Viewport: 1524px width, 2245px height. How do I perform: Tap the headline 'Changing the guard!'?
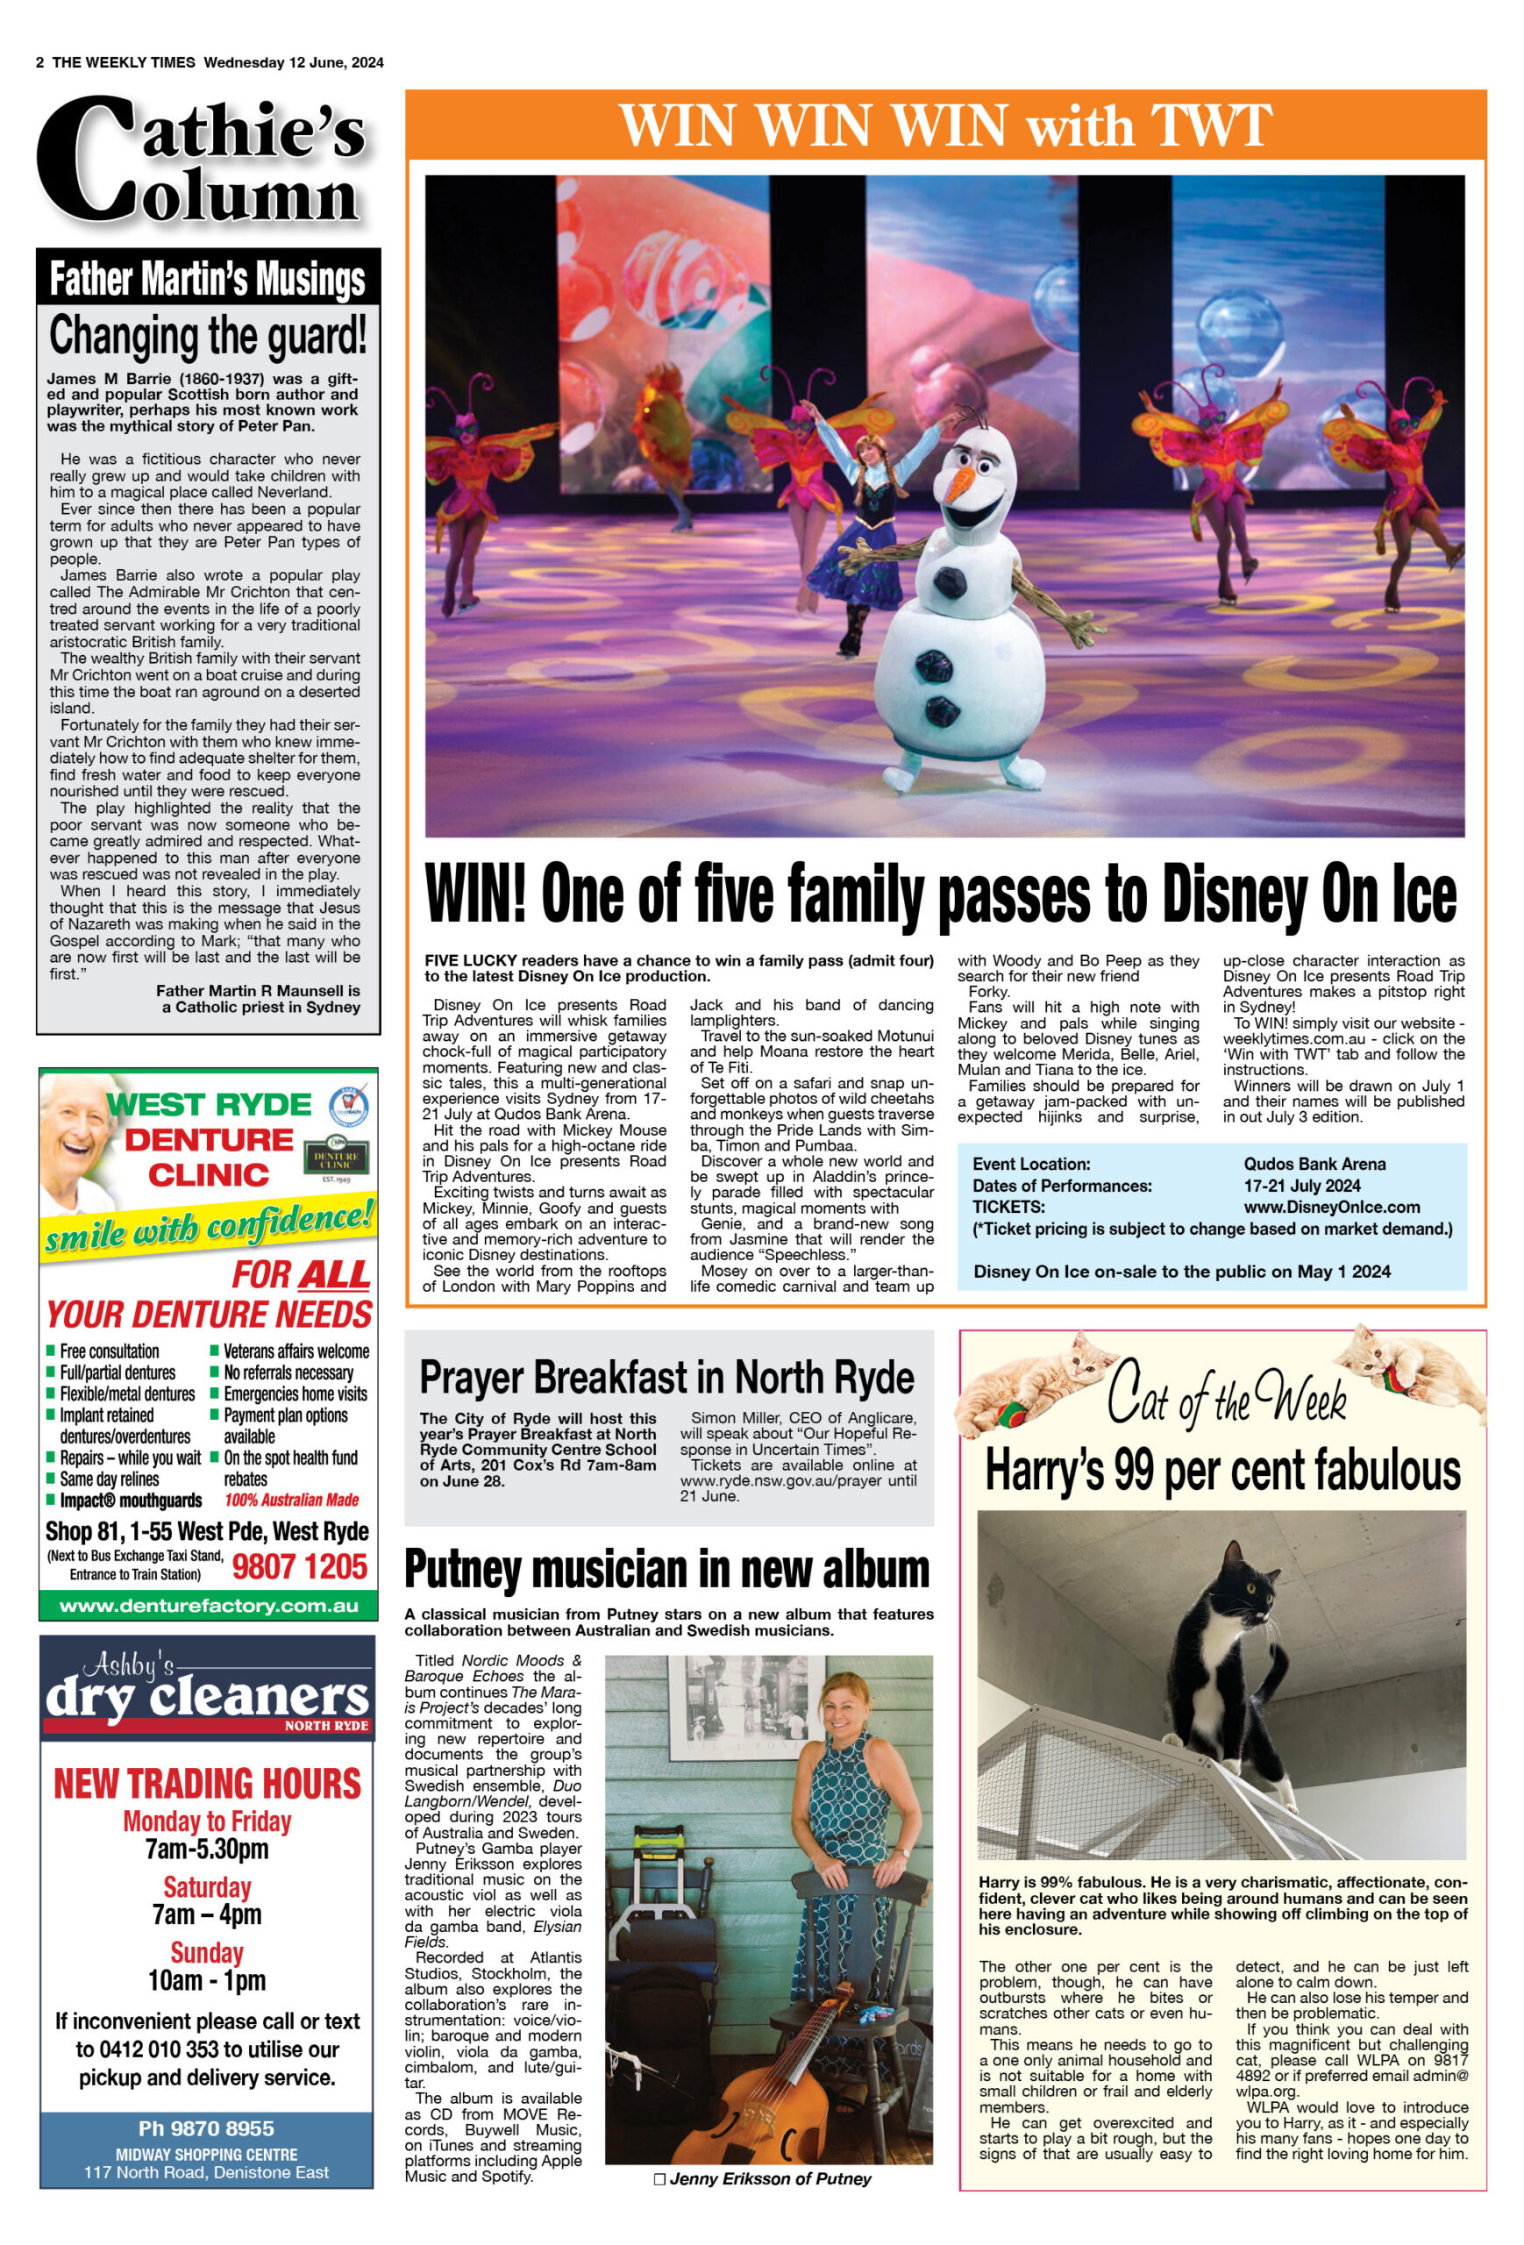point(208,336)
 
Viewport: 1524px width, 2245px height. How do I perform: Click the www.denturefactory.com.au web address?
point(208,1606)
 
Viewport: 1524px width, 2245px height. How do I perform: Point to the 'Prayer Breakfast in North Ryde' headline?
point(666,1378)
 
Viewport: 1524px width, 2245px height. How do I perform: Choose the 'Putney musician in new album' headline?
point(666,1569)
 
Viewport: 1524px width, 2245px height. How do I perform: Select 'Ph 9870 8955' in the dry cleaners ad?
point(206,2128)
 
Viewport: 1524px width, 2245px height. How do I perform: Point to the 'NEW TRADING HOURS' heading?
point(207,1783)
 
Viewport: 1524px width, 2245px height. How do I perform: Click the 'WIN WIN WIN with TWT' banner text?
point(944,125)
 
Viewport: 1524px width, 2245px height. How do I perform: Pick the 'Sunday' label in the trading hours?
point(207,1952)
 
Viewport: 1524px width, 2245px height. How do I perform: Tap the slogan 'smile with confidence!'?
point(208,1227)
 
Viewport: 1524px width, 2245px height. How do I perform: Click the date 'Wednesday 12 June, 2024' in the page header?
point(294,63)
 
